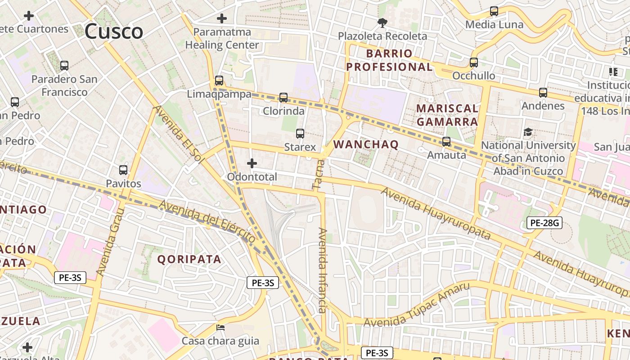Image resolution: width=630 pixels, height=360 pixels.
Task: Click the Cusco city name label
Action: pyautogui.click(x=114, y=31)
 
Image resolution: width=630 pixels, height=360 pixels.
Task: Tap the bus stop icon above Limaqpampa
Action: pyautogui.click(x=219, y=81)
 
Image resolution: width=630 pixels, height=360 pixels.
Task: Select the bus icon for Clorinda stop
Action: pyautogui.click(x=283, y=97)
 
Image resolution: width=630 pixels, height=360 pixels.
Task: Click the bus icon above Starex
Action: pyautogui.click(x=300, y=134)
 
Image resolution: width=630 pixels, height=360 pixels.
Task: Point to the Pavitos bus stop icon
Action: pyautogui.click(x=123, y=170)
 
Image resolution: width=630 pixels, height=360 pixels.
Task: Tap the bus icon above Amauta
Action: pyautogui.click(x=446, y=142)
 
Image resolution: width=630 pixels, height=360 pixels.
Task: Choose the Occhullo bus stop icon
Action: pyautogui.click(x=474, y=63)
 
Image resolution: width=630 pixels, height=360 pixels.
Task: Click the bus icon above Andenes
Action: pyautogui.click(x=543, y=93)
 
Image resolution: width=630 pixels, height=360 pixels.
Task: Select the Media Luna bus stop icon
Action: pyautogui.click(x=494, y=11)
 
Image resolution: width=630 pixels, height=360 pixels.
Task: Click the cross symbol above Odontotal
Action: pyautogui.click(x=252, y=163)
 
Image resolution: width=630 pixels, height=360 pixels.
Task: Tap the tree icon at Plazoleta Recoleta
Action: pyautogui.click(x=382, y=22)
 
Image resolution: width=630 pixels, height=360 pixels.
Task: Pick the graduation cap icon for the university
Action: pyautogui.click(x=528, y=132)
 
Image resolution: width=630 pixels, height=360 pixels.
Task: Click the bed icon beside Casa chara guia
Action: pyautogui.click(x=220, y=328)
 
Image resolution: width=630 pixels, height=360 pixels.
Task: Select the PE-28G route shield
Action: pyautogui.click(x=544, y=222)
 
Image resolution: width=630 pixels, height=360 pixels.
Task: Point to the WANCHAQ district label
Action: pyautogui.click(x=366, y=144)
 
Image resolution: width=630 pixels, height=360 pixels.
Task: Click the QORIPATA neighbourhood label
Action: pyautogui.click(x=189, y=259)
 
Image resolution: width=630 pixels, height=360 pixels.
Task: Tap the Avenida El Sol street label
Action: pyautogui.click(x=179, y=134)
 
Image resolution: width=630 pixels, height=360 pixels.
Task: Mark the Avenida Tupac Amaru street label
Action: pyautogui.click(x=417, y=305)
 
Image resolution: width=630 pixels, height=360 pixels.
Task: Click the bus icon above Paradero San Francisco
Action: pyautogui.click(x=64, y=66)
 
